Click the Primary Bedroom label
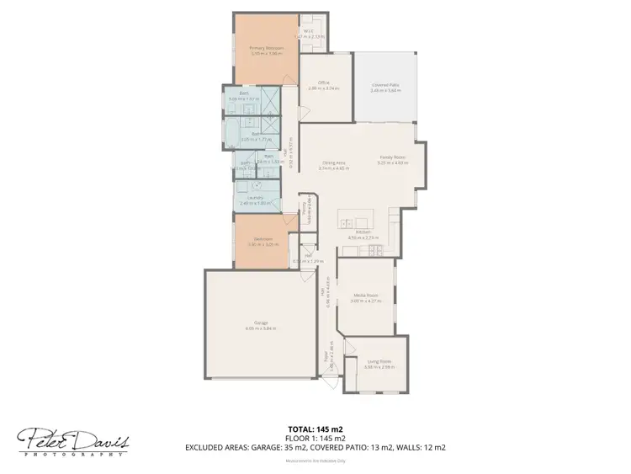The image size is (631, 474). coord(265,49)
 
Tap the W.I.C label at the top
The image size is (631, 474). coord(309,31)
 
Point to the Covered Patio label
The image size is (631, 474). coord(384,85)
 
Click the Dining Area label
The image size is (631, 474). coord(334,163)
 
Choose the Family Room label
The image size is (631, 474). coord(393,157)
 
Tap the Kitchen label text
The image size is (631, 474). coord(363,232)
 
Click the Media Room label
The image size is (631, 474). coord(365,296)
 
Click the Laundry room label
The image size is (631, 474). coord(254,198)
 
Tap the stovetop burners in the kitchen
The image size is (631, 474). coord(370,250)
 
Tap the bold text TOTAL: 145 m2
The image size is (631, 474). coord(315,429)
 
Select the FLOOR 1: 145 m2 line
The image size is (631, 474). coord(315,438)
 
